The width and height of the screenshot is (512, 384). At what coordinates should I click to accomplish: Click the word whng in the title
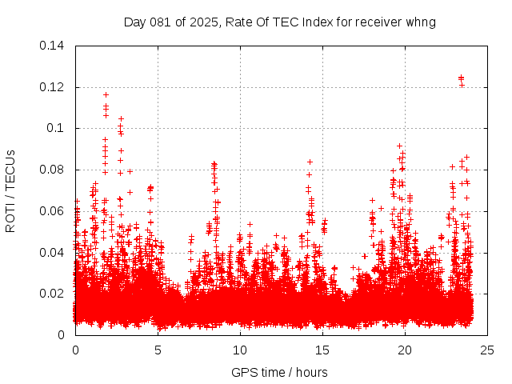421,22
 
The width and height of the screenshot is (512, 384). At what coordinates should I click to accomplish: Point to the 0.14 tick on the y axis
54,46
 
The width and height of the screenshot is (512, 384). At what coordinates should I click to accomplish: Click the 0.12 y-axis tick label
54,87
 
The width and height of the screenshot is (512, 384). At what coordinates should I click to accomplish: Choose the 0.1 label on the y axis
58,128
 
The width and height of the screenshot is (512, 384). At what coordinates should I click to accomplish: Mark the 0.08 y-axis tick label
54,170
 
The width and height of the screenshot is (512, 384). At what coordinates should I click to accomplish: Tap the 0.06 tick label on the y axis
54,211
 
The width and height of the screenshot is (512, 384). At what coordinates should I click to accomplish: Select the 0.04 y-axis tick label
54,253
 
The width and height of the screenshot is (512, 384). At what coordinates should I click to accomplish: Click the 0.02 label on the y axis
54,294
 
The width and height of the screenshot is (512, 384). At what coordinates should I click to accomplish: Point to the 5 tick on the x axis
158,350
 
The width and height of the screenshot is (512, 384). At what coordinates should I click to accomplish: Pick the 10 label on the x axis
240,350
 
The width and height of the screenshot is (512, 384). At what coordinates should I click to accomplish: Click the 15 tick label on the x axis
322,350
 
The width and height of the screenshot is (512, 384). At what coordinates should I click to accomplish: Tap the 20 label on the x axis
405,350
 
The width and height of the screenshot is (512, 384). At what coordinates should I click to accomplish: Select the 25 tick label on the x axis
487,350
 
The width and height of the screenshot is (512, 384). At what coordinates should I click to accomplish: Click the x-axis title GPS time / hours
279,372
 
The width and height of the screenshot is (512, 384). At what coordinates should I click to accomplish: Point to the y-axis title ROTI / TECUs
10,190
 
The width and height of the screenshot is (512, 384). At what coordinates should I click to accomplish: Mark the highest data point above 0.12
461,78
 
